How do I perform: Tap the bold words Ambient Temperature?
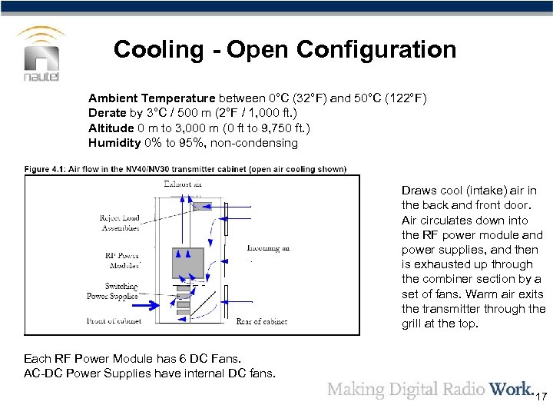[x=151, y=98]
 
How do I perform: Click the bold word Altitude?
[x=111, y=128]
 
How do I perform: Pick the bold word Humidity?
[x=114, y=142]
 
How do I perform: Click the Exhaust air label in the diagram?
[x=183, y=184]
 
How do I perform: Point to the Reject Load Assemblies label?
[x=121, y=223]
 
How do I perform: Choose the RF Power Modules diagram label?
[x=121, y=261]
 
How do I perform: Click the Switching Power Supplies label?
[x=112, y=290]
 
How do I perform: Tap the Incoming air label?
[x=268, y=248]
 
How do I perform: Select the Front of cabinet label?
[x=112, y=320]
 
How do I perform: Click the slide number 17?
[x=541, y=397]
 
